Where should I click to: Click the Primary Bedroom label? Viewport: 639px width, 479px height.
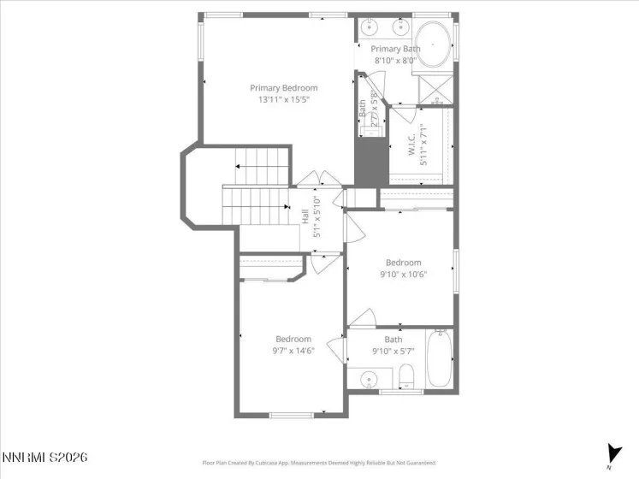point(283,88)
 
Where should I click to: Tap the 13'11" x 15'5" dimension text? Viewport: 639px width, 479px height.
point(283,100)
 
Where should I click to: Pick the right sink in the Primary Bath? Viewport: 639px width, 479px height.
point(399,27)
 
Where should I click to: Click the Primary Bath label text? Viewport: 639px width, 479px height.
point(395,50)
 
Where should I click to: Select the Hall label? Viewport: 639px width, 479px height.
point(305,216)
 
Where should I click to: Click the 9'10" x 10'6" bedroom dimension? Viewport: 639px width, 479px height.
point(403,275)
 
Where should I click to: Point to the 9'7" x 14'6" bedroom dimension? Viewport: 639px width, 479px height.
point(293,351)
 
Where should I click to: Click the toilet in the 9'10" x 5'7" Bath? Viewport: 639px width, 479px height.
point(407,376)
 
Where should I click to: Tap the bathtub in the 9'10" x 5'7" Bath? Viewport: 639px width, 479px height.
point(441,359)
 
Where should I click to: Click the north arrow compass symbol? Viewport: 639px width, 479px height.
point(613,453)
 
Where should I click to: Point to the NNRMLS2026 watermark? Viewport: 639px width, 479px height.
point(44,458)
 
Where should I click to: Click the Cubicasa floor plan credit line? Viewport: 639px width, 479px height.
point(319,463)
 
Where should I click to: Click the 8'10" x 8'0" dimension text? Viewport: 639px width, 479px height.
point(395,61)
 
